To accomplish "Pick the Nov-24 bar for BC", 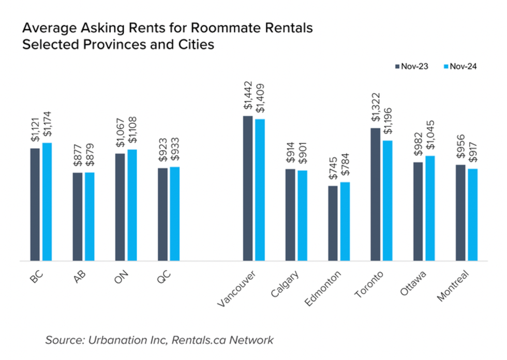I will [x=47, y=202].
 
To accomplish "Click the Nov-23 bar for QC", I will [x=162, y=215].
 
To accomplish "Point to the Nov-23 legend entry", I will [x=411, y=66].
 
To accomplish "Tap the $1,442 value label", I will [x=248, y=95].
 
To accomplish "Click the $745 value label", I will [x=333, y=169].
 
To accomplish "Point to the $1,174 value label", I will [x=48, y=124].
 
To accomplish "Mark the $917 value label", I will [x=472, y=151].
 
